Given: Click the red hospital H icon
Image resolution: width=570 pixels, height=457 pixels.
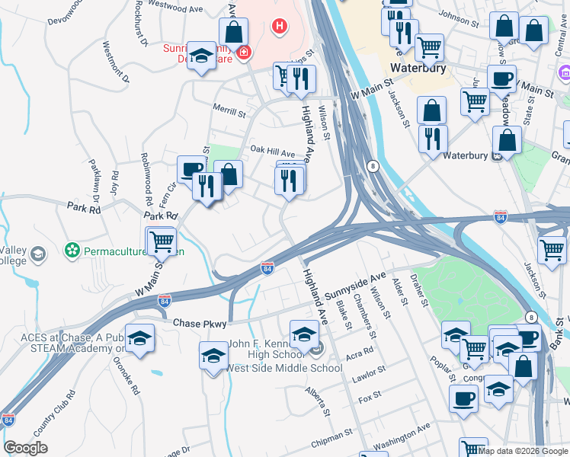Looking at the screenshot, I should coord(280,28).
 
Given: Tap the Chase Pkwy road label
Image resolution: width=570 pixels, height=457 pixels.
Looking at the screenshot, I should coord(199,324).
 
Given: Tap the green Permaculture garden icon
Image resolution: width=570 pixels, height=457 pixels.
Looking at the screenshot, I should coord(72,250).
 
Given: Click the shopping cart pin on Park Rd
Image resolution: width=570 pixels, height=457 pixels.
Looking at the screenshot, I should coord(161,242).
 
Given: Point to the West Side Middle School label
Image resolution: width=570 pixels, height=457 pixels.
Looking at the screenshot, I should coord(284,369).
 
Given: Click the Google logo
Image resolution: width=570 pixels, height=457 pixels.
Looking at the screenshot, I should coord(25,448).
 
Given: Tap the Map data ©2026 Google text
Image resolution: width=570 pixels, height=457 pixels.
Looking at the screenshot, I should coord(523,451).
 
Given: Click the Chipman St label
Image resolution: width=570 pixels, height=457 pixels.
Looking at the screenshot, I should coord(332,437).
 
